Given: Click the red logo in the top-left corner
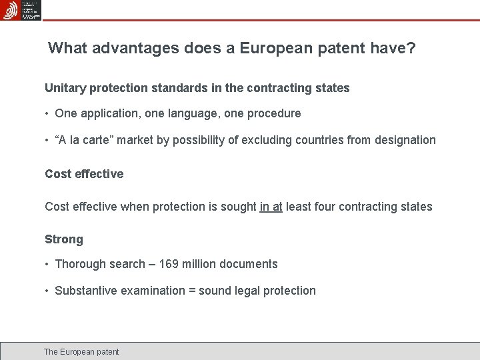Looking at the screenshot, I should (11, 10).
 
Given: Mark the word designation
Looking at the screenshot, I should (405, 140).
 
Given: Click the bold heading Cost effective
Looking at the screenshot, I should (84, 174).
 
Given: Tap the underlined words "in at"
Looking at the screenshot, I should (271, 207).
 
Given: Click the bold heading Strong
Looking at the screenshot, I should (64, 239).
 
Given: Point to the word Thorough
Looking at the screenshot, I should (79, 264).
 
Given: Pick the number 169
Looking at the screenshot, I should (169, 264).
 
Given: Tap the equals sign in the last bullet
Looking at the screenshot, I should (193, 291).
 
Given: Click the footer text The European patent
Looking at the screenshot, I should (81, 351).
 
